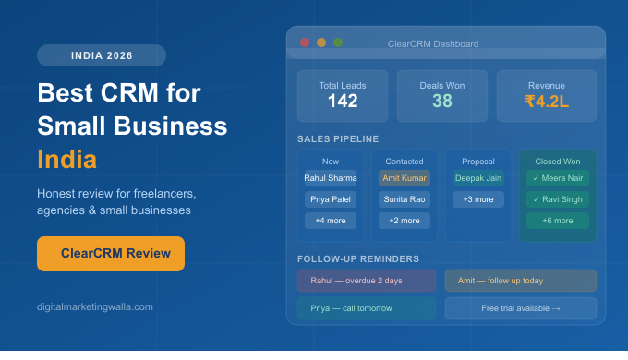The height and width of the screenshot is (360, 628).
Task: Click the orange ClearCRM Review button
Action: [111, 254]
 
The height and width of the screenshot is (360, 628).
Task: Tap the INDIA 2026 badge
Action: [102, 55]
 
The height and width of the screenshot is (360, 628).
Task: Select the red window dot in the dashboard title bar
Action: [305, 42]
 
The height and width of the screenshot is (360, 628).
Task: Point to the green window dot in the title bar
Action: [338, 42]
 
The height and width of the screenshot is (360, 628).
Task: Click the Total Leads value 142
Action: [343, 102]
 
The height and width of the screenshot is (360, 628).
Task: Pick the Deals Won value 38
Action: [442, 102]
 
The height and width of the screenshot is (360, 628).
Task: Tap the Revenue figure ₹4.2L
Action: [547, 102]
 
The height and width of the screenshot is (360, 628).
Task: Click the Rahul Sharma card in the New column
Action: [331, 178]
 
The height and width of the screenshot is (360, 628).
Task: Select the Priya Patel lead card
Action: [331, 199]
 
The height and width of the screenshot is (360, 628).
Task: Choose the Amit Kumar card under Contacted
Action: [405, 178]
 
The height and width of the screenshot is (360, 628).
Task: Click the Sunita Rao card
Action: [405, 199]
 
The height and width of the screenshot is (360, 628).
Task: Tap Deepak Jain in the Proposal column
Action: [478, 178]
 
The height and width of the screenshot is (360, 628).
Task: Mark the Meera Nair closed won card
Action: [558, 178]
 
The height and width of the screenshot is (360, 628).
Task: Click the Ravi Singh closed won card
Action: [558, 199]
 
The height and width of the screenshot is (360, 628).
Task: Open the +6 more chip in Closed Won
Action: [558, 221]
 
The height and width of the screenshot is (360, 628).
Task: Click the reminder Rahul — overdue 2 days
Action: [366, 281]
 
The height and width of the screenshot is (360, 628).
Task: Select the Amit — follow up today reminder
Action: [521, 281]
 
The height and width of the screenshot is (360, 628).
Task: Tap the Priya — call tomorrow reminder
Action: [366, 308]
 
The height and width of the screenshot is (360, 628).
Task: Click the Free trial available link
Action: [521, 308]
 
